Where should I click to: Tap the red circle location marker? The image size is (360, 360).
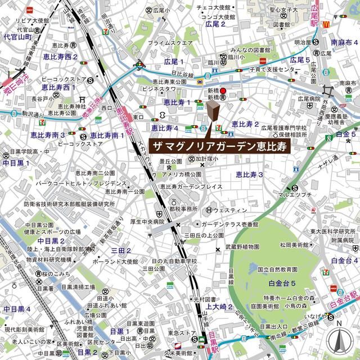[223, 91]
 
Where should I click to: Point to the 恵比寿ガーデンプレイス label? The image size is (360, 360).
[191, 186]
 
